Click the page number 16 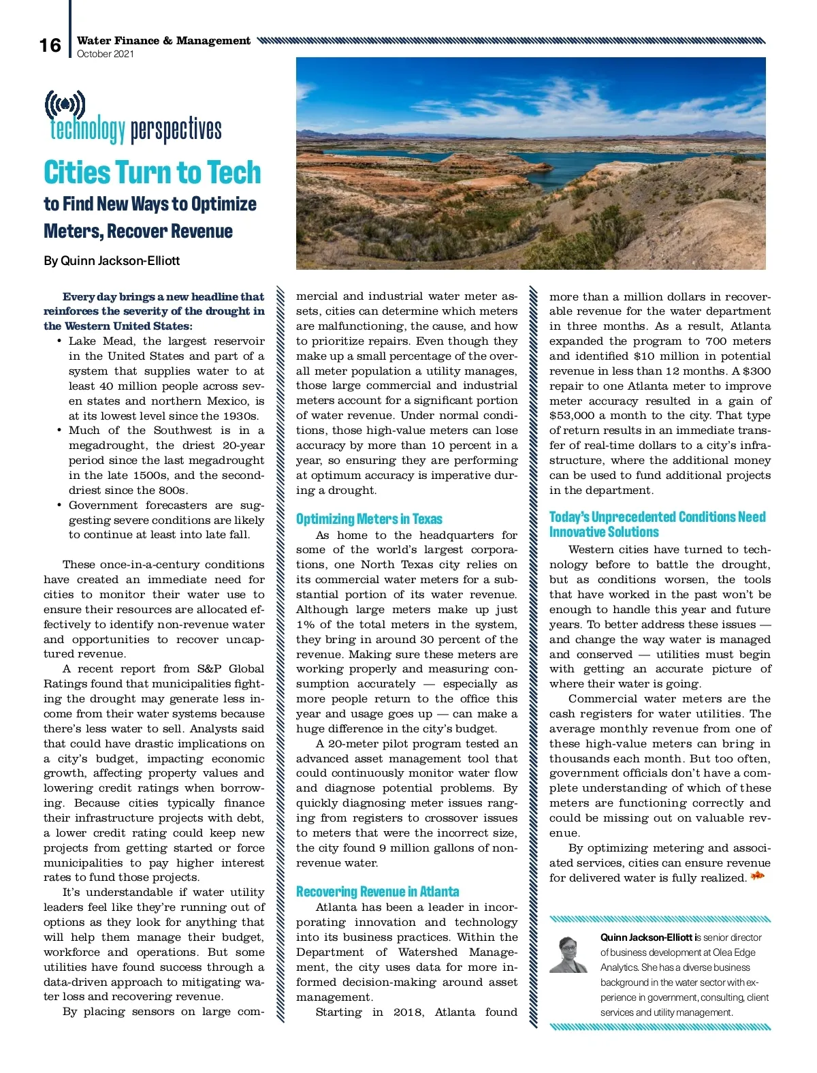pyautogui.click(x=50, y=45)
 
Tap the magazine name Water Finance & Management pyautogui.click(x=163, y=40)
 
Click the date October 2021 pyautogui.click(x=106, y=54)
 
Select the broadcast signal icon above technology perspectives pyautogui.click(x=65, y=105)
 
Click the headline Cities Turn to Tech pyautogui.click(x=152, y=172)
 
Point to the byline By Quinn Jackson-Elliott pyautogui.click(x=112, y=260)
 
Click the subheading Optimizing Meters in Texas pyautogui.click(x=369, y=519)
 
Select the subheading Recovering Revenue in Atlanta pyautogui.click(x=377, y=892)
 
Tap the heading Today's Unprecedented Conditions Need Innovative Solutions pyautogui.click(x=657, y=525)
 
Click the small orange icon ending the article pyautogui.click(x=757, y=876)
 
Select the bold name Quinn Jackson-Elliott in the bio pyautogui.click(x=646, y=937)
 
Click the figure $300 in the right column pyautogui.click(x=756, y=371)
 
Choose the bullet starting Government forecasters pyautogui.click(x=161, y=520)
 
